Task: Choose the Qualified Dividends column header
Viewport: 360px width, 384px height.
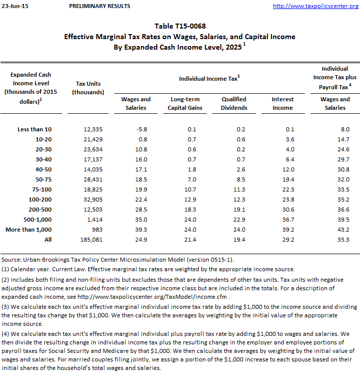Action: [234, 103]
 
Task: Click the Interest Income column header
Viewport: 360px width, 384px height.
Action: [282, 103]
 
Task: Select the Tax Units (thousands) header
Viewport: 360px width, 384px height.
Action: [88, 88]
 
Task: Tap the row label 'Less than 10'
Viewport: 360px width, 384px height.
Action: [35, 129]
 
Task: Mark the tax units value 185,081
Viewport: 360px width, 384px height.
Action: [90, 240]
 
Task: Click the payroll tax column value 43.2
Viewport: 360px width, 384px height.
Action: [342, 230]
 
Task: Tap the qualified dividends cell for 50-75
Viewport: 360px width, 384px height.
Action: [239, 179]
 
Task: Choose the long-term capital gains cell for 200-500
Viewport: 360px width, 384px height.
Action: [188, 210]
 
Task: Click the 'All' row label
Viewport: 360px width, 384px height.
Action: [48, 240]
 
